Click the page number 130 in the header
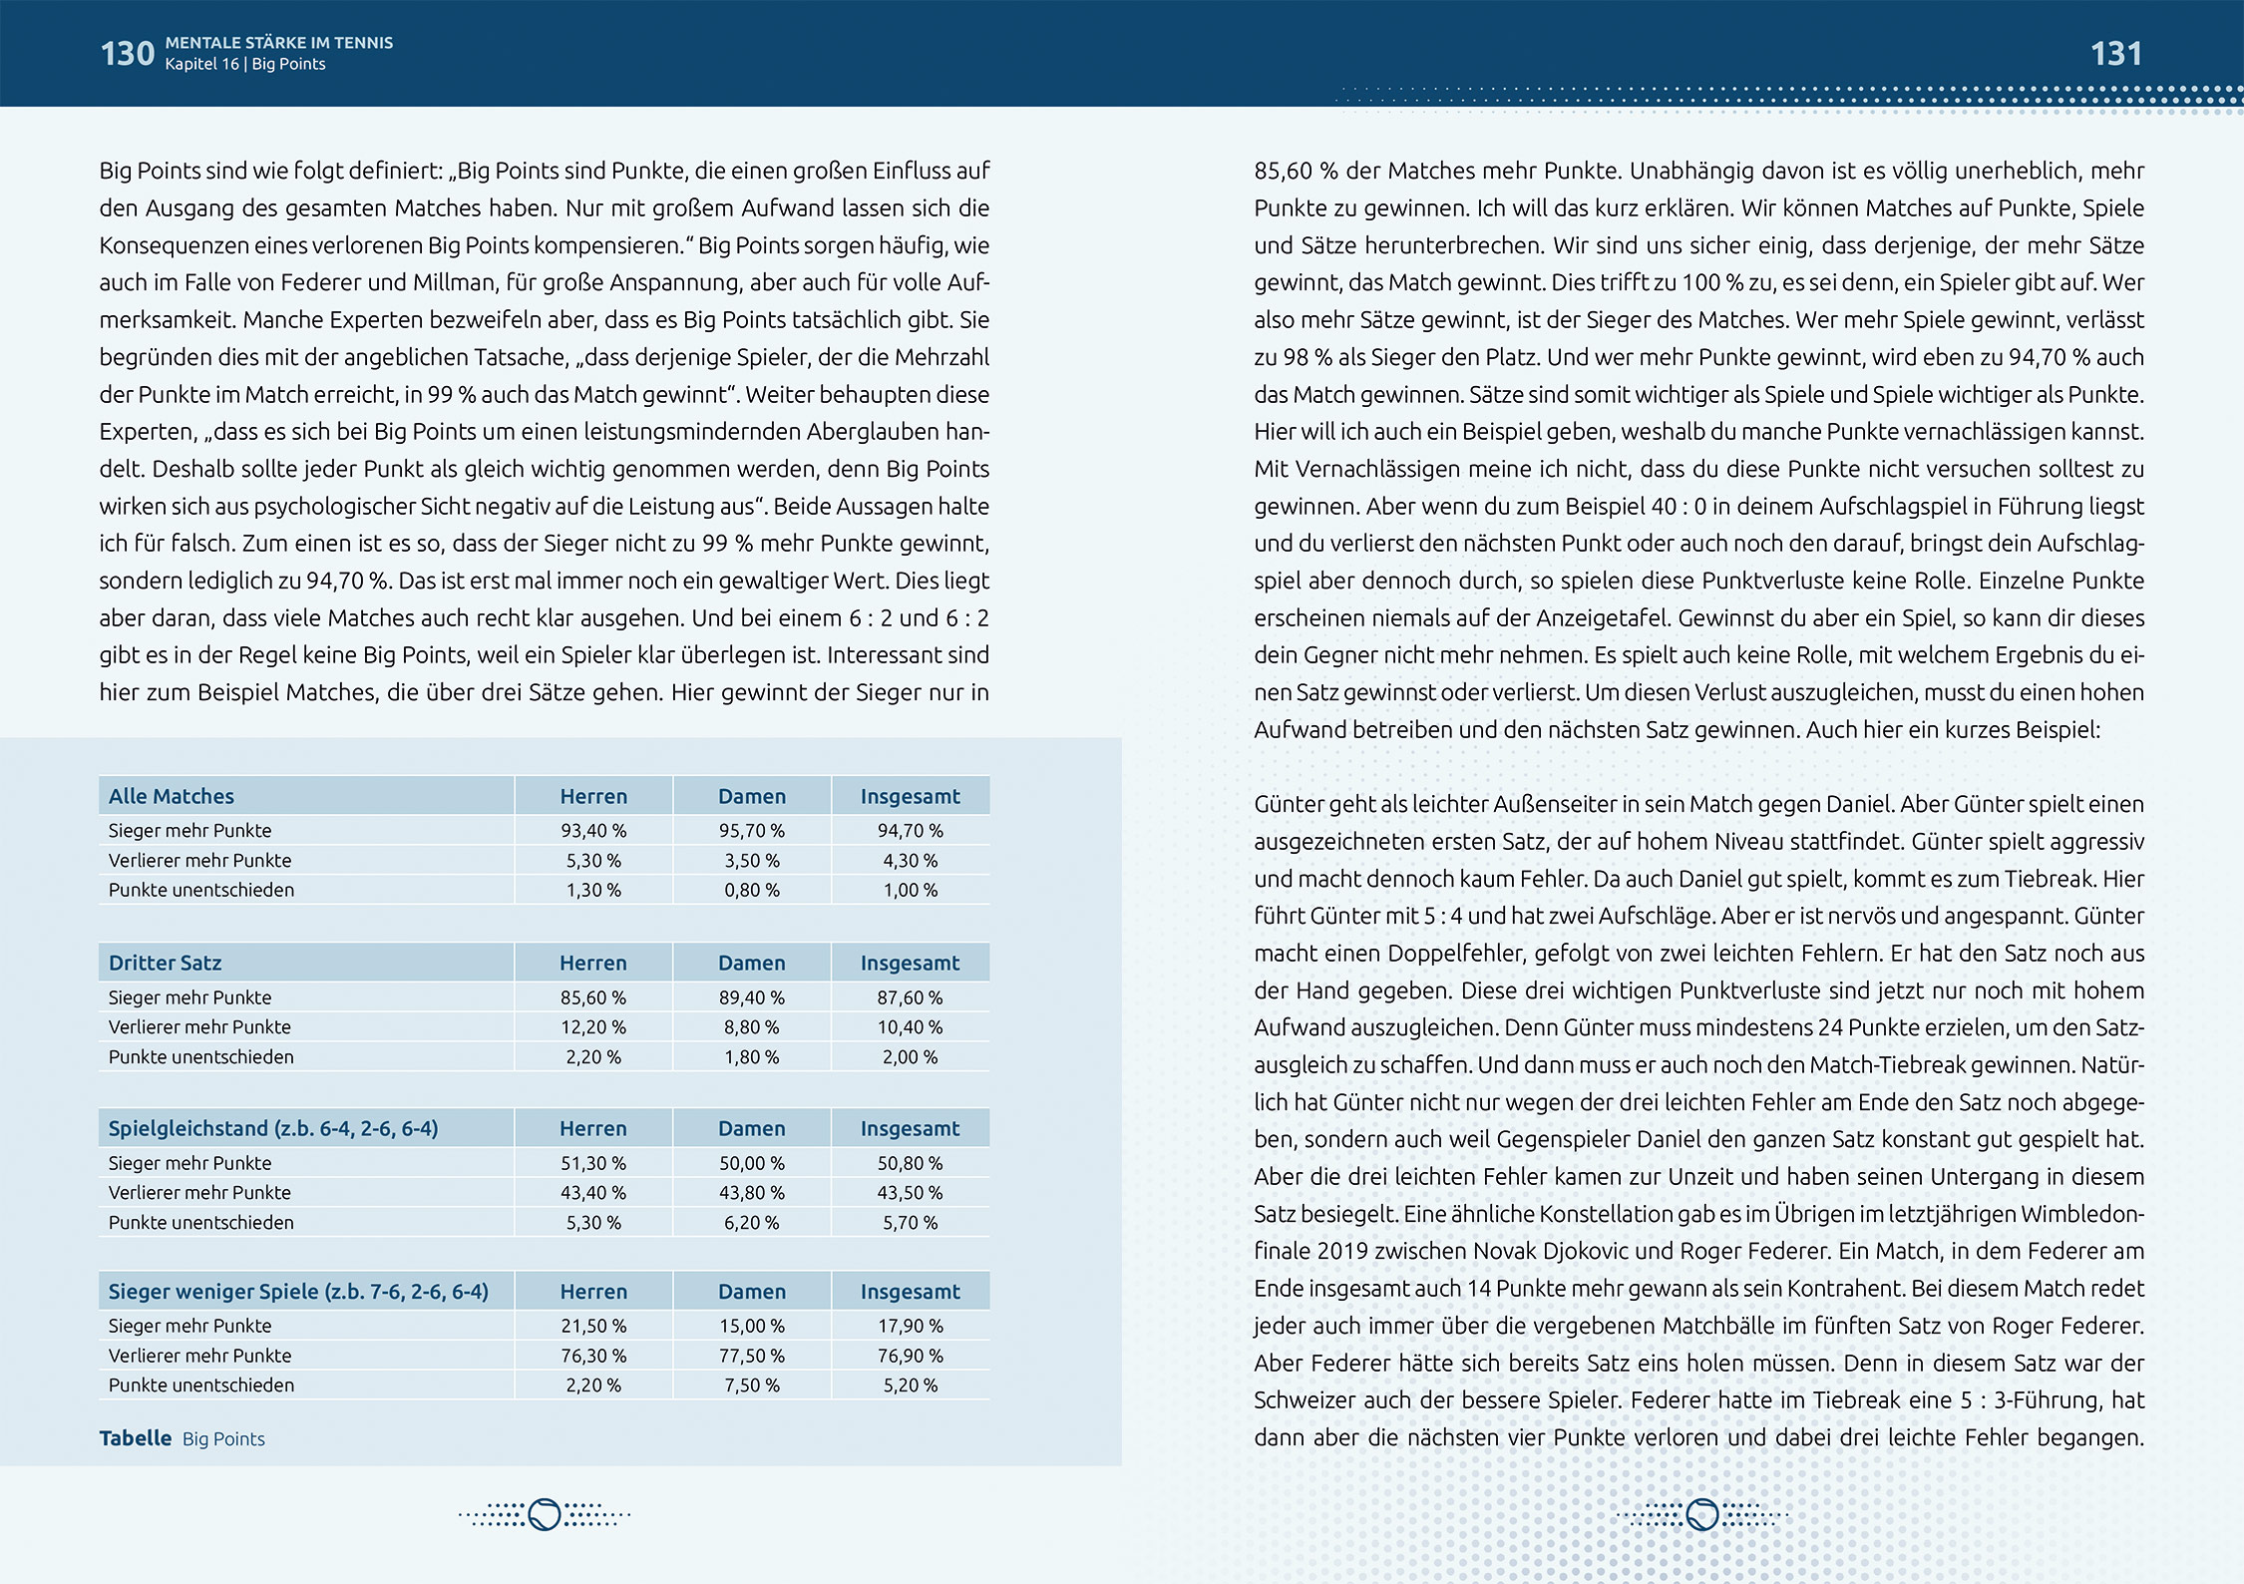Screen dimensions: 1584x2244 tap(127, 53)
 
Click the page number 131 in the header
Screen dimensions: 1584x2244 tap(2115, 53)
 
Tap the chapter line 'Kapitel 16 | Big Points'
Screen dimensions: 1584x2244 tap(245, 64)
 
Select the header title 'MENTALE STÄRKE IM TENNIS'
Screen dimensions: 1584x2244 tap(279, 43)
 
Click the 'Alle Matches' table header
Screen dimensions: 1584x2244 tap(172, 796)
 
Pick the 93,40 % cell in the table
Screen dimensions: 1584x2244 tap(593, 830)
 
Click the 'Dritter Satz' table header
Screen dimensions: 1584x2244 tap(166, 963)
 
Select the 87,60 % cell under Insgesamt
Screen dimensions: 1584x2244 tap(910, 996)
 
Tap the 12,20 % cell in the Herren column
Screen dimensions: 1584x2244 tap(593, 1026)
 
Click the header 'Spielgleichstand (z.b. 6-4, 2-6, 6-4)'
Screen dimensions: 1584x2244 tap(273, 1128)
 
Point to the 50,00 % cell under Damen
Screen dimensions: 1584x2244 tap(752, 1163)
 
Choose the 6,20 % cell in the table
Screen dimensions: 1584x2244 tap(752, 1222)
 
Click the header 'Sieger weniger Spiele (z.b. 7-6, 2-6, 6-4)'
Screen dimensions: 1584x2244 tap(298, 1291)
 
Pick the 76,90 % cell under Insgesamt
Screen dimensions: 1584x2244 tap(910, 1356)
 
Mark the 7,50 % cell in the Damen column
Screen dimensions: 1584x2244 tap(752, 1385)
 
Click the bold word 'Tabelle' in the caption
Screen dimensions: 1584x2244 tap(136, 1438)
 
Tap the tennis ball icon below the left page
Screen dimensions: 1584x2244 tap(545, 1514)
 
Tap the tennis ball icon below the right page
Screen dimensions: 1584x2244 tap(1701, 1514)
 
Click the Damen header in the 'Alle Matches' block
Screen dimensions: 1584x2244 tap(752, 796)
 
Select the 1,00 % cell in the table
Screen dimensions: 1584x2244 tap(910, 890)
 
